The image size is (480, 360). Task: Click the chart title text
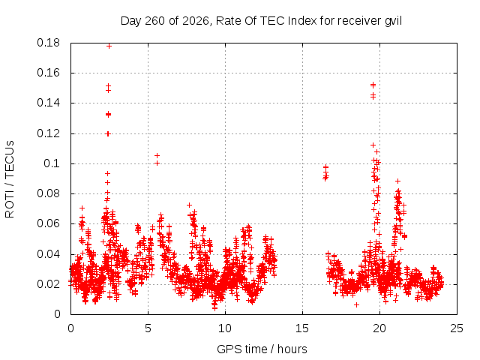(261, 21)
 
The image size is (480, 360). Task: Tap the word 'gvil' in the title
(393, 21)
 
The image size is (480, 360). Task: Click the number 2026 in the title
(195, 21)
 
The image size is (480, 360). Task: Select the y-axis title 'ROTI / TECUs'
(10, 179)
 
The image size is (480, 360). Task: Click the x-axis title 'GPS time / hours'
(262, 349)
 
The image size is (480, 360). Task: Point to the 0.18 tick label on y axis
(48, 43)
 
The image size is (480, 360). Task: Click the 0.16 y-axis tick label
(48, 73)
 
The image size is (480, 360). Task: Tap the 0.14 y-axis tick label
(48, 103)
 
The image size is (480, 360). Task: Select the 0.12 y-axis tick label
(48, 133)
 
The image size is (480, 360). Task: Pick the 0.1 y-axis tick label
(52, 163)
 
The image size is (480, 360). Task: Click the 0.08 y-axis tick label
(48, 193)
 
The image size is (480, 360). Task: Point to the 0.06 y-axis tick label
(48, 223)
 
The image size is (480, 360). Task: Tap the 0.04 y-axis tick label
(48, 254)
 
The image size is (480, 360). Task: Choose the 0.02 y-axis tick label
(48, 284)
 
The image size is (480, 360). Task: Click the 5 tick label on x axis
(148, 328)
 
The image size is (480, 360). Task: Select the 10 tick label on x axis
(225, 328)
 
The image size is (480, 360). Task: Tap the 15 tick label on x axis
(302, 328)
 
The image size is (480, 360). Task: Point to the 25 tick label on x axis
(457, 328)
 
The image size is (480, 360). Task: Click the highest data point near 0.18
(109, 46)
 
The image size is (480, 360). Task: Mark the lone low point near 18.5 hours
(356, 304)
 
